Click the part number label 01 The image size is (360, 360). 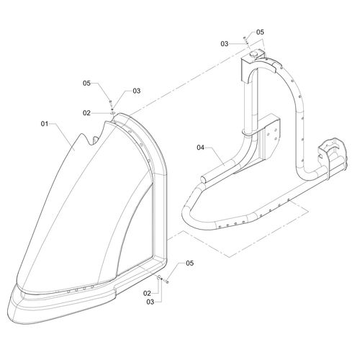[45, 124]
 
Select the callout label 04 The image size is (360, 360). [200, 148]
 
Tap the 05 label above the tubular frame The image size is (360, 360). [260, 32]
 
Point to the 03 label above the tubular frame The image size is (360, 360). [225, 44]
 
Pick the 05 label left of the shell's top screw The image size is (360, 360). [86, 83]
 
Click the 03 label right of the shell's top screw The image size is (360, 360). [137, 91]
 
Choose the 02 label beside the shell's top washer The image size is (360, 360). [86, 113]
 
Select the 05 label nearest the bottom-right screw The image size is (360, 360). [189, 263]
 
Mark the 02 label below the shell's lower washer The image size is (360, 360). [147, 293]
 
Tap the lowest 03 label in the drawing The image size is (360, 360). [150, 302]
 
